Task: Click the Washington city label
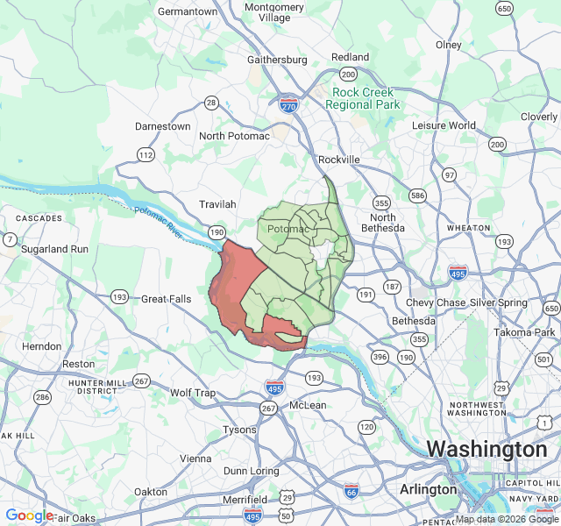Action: click(x=486, y=449)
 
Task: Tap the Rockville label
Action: click(x=339, y=160)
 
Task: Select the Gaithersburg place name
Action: click(x=277, y=60)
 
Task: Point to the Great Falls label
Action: click(x=167, y=299)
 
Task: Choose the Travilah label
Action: click(x=217, y=204)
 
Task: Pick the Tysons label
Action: click(x=239, y=430)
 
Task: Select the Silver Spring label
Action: click(x=499, y=302)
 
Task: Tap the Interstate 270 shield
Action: click(x=288, y=105)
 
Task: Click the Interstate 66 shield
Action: click(x=352, y=491)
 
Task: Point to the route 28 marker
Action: click(x=211, y=103)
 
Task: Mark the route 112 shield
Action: click(x=146, y=154)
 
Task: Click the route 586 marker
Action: click(x=417, y=195)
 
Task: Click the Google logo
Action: click(x=29, y=515)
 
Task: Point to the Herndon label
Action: click(x=42, y=346)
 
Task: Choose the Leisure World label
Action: click(x=444, y=125)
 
